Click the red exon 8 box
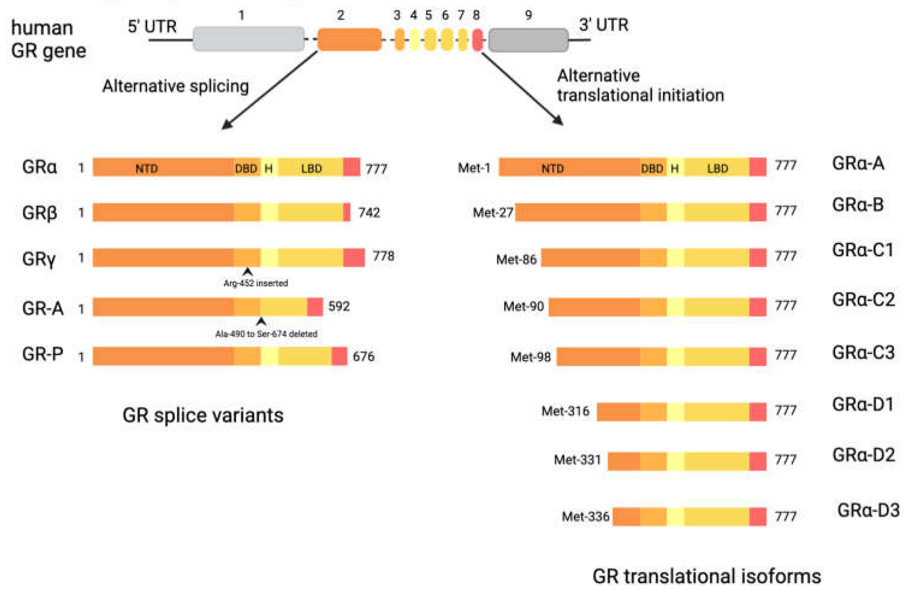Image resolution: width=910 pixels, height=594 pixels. point(477,39)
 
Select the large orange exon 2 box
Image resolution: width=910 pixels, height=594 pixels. point(349,39)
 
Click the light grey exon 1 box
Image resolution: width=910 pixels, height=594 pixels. point(249,38)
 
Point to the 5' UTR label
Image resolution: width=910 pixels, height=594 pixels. point(152,27)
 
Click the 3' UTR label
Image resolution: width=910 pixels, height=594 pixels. point(603,25)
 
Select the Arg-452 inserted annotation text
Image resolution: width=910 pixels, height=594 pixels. point(256,283)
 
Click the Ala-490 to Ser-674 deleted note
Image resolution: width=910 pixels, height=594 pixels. point(266,334)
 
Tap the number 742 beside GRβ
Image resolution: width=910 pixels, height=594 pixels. point(369,213)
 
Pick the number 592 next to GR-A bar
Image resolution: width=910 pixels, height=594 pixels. point(339,306)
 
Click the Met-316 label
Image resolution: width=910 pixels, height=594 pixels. point(565,411)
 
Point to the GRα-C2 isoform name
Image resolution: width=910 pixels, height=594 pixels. point(863,300)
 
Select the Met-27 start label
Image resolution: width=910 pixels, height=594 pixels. point(492,212)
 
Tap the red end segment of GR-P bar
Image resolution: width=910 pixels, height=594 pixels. point(339,356)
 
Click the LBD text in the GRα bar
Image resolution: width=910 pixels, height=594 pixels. point(311,169)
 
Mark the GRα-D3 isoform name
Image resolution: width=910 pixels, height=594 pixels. point(868,510)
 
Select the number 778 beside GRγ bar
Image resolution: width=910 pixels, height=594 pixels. point(383,256)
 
